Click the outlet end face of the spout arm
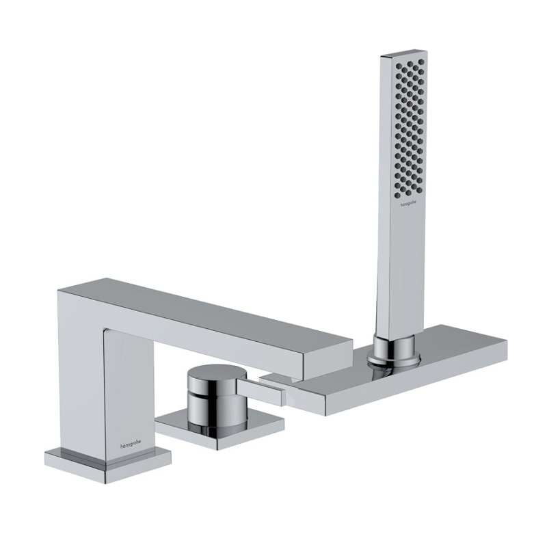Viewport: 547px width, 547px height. (x=328, y=355)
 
